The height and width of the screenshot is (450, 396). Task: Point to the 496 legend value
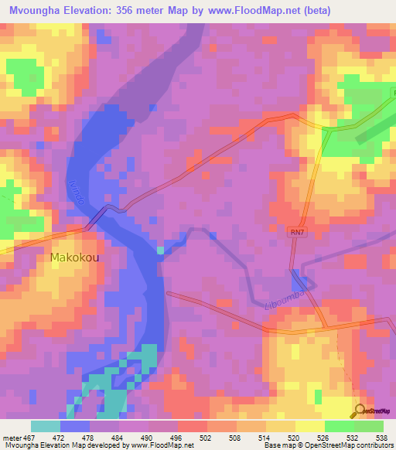point(178,437)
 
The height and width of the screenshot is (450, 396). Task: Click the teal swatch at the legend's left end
point(46,426)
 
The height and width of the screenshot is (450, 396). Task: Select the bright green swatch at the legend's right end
point(368,426)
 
